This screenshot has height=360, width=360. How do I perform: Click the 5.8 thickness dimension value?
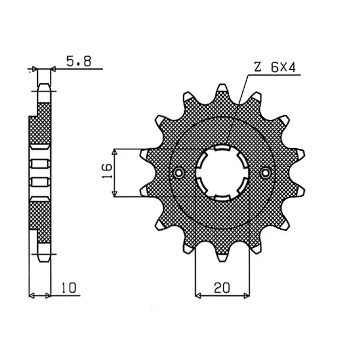(x=79, y=61)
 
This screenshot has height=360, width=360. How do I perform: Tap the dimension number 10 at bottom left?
(x=68, y=288)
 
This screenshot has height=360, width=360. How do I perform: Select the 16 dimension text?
(x=107, y=171)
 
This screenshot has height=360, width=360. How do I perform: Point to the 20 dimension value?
(x=221, y=288)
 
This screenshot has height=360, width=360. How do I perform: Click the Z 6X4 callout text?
(x=275, y=67)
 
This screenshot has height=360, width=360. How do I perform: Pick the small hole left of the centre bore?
(x=178, y=172)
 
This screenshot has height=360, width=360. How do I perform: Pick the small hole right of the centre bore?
(x=265, y=172)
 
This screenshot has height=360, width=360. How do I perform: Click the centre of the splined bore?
(x=222, y=173)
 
